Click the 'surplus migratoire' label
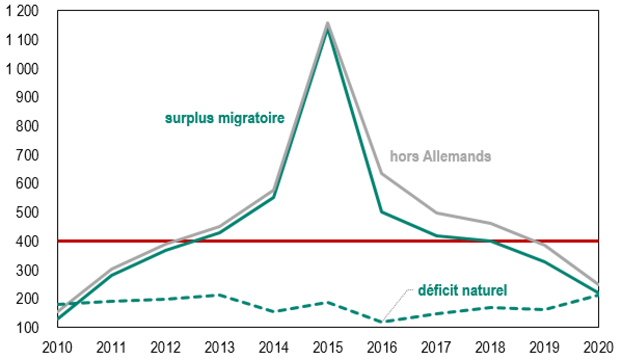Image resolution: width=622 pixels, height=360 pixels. pyautogui.click(x=225, y=118)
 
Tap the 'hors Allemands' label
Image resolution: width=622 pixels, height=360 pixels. pyautogui.click(x=440, y=156)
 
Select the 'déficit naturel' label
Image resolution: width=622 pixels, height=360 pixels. pyautogui.click(x=462, y=289)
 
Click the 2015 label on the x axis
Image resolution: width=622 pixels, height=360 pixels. pyautogui.click(x=328, y=346)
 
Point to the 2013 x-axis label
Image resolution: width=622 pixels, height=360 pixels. pyautogui.click(x=220, y=346)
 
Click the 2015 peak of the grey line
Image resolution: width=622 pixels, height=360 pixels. pyautogui.click(x=328, y=23)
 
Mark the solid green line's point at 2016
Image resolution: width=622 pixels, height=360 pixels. pyautogui.click(x=382, y=212)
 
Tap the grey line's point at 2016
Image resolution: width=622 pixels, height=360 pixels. pyautogui.click(x=382, y=174)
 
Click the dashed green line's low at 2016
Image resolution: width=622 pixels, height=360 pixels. pyautogui.click(x=382, y=322)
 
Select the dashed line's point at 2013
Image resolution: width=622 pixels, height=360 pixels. pyautogui.click(x=220, y=295)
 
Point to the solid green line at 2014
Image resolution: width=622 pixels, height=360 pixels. pyautogui.click(x=274, y=197)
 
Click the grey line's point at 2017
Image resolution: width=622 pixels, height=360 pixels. pyautogui.click(x=436, y=213)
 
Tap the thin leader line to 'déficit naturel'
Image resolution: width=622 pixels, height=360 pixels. pyautogui.click(x=398, y=304)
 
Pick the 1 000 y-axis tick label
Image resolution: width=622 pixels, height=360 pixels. pyautogui.click(x=24, y=69)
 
